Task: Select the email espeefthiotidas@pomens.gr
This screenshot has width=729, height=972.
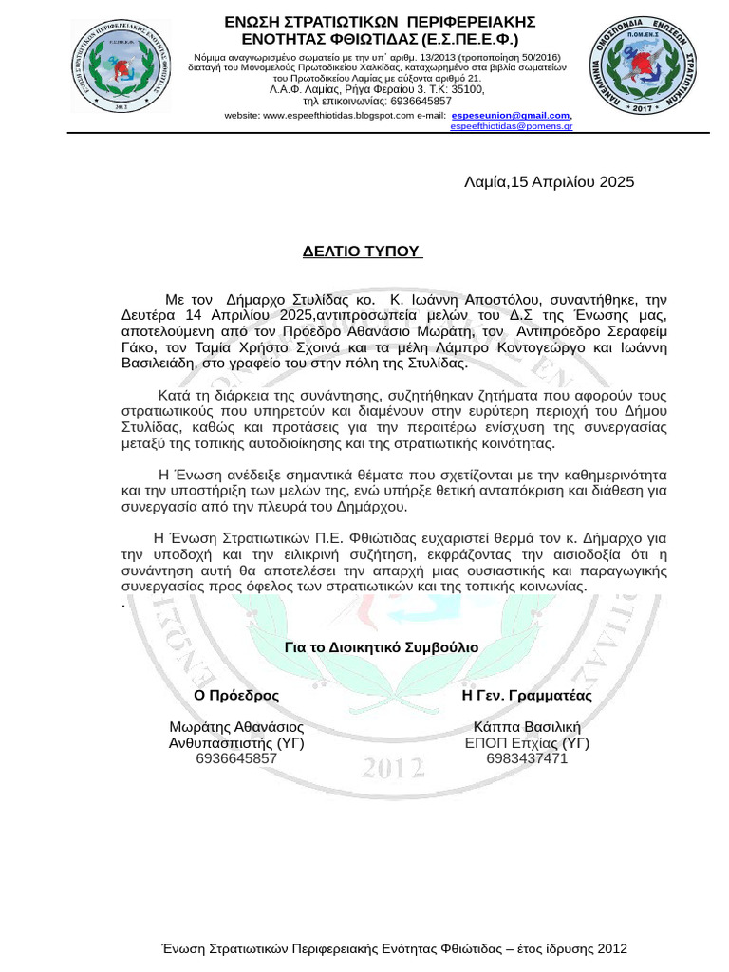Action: (511, 125)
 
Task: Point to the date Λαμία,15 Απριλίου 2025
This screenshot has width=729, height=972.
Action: (549, 182)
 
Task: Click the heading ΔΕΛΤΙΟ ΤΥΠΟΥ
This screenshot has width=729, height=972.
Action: (362, 252)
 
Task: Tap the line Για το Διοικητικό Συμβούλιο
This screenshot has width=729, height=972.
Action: (382, 647)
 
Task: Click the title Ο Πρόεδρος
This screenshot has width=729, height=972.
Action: (236, 695)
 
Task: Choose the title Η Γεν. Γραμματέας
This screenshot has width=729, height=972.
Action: (526, 695)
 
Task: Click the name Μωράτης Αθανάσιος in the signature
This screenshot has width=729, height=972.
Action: (236, 727)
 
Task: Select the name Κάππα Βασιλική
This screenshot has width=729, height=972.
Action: (526, 727)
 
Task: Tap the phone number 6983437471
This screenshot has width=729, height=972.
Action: (526, 758)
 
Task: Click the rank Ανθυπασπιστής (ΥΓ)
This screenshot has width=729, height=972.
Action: (236, 743)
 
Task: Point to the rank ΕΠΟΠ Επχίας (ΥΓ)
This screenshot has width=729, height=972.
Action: (526, 743)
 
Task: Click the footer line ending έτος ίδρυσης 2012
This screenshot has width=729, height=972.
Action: (394, 949)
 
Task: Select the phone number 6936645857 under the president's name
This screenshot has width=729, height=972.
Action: (236, 758)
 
